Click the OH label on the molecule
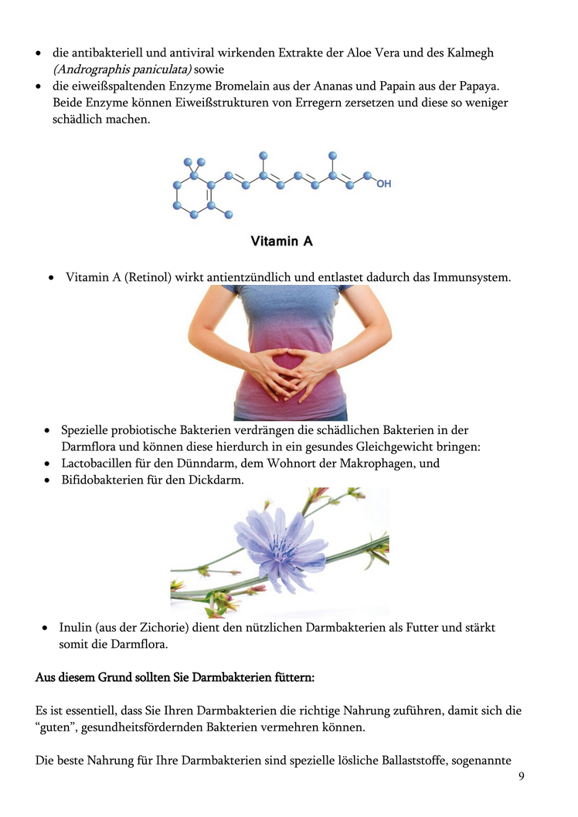(384, 184)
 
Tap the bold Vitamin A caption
(281, 242)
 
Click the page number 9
(521, 776)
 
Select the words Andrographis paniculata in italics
(121, 69)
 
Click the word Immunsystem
(472, 276)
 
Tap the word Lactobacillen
(98, 463)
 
